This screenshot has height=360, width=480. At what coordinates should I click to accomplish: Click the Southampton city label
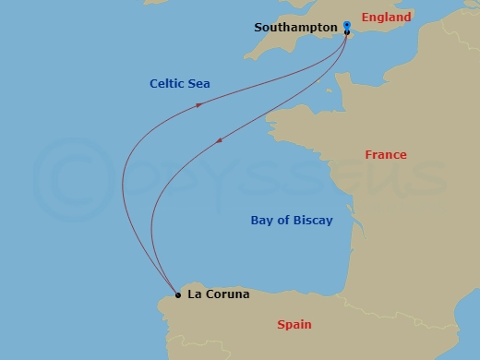(295, 28)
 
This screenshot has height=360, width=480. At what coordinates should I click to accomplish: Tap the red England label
(386, 18)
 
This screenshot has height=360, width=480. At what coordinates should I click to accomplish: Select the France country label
(385, 155)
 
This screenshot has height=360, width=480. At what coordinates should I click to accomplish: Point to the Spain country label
(294, 324)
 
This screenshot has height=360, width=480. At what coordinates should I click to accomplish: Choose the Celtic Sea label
(180, 84)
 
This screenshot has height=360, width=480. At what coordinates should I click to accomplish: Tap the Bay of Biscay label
(292, 221)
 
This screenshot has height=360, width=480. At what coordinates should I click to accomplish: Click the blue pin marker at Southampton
(345, 24)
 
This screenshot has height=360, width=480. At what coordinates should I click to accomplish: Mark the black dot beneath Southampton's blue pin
(346, 33)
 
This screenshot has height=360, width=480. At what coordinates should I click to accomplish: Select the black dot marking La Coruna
(177, 296)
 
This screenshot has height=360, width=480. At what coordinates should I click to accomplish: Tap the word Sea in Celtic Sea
(199, 84)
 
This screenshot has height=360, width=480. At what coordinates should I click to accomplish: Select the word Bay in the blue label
(262, 221)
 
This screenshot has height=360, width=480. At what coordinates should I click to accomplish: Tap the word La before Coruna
(194, 295)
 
